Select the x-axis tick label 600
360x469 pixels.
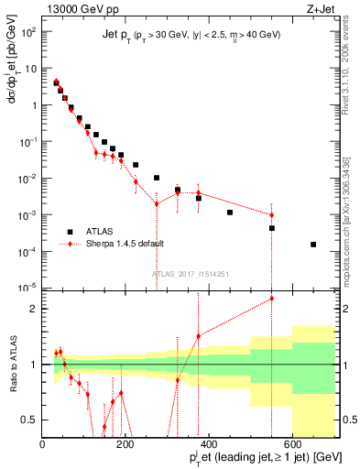[x=292, y=444]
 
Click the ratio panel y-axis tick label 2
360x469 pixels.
[x=34, y=309]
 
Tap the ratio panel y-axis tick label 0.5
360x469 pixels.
[x=30, y=420]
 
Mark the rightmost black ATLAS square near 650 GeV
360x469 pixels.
[x=313, y=245]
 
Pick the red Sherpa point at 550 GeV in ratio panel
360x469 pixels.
[x=271, y=299]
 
